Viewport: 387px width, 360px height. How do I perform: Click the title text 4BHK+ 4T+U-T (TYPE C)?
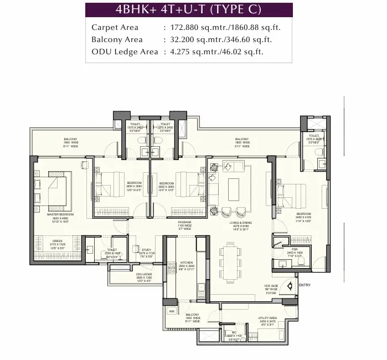pyautogui.click(x=189, y=10)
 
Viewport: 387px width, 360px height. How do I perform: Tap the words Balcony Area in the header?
pyautogui.click(x=117, y=39)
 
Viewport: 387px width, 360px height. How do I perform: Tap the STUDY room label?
pyautogui.click(x=146, y=250)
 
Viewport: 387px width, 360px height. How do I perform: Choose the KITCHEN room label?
pyautogui.click(x=187, y=263)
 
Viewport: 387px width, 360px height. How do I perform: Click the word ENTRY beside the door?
pyautogui.click(x=305, y=285)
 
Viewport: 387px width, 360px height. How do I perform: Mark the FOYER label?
pyautogui.click(x=270, y=293)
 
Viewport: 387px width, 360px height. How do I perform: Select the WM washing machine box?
pyautogui.click(x=172, y=311)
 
